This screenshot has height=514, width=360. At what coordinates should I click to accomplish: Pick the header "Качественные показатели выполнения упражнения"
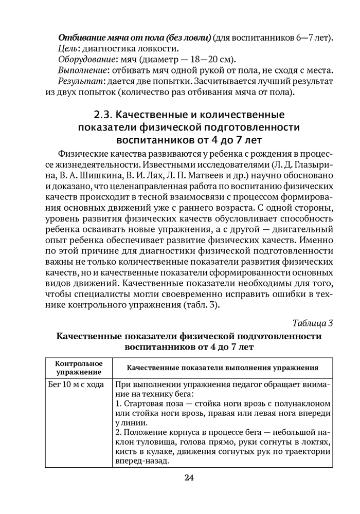coord(222,368)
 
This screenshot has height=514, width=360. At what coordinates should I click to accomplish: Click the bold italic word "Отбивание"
coord(80,38)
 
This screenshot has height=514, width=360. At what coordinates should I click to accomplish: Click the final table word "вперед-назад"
coord(142,461)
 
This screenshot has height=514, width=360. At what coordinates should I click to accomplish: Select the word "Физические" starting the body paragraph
coord(83,154)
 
